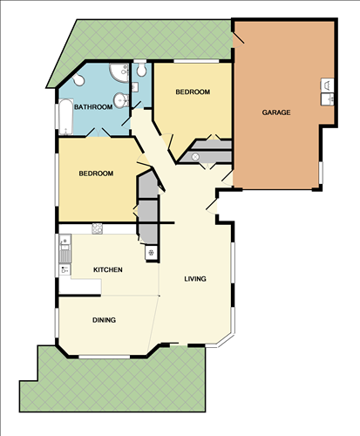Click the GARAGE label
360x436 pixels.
(x=276, y=112)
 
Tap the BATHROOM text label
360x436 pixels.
(x=93, y=107)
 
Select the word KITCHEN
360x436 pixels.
(x=108, y=270)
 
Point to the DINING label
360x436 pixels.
(x=104, y=320)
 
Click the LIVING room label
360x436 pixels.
(x=194, y=279)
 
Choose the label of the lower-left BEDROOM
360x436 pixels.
(x=96, y=174)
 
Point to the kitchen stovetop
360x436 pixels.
(x=97, y=229)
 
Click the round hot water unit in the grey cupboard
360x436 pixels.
(x=195, y=157)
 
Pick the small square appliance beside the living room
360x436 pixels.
(x=151, y=253)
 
